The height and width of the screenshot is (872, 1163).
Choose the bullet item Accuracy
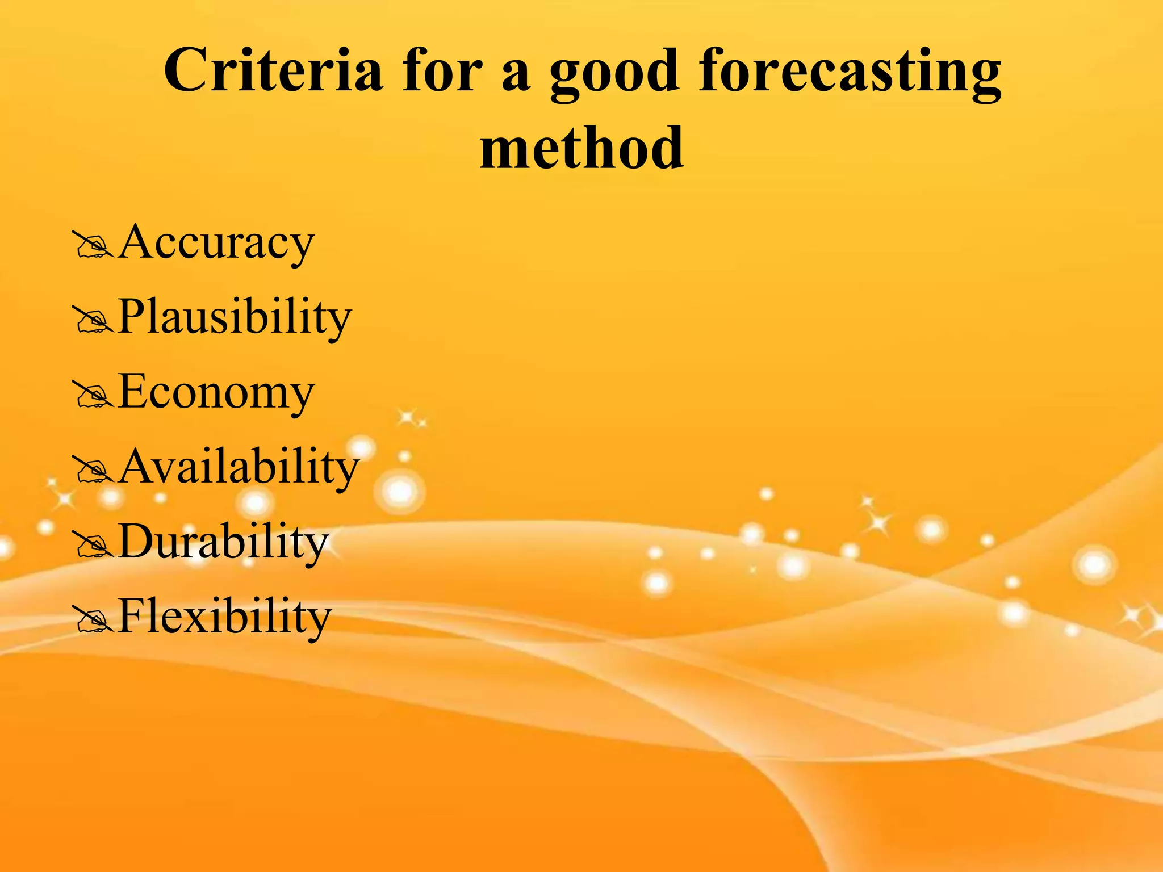[x=216, y=242]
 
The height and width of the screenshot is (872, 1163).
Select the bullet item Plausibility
[x=235, y=317]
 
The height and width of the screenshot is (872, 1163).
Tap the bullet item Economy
[x=216, y=392]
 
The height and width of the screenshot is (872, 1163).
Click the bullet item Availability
[x=239, y=467]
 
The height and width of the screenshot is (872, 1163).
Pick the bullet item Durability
[x=223, y=542]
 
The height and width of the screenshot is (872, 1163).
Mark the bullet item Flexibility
[x=224, y=617]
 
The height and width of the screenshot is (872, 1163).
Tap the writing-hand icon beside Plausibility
[x=93, y=320]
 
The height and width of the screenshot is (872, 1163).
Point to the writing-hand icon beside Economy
[x=93, y=396]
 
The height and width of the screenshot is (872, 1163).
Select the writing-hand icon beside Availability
[x=93, y=471]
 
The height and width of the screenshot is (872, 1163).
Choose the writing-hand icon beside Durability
[x=93, y=546]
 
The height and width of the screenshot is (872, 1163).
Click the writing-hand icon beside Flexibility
[x=93, y=621]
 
